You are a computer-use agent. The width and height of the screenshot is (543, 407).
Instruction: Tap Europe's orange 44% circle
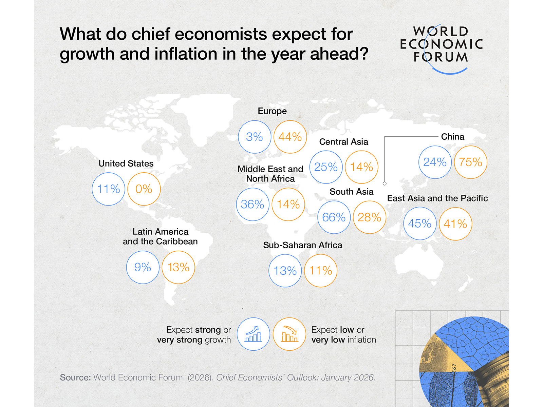(x=290, y=137)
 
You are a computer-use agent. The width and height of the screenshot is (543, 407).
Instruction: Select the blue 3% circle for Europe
(x=255, y=137)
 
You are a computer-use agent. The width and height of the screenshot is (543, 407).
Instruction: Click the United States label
(x=126, y=163)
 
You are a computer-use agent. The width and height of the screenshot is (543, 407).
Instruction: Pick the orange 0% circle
(x=144, y=189)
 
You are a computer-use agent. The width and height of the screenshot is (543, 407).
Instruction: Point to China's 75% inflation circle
(x=470, y=162)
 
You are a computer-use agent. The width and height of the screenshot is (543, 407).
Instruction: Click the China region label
(x=452, y=137)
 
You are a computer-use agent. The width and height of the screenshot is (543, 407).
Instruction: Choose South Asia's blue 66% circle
(x=334, y=217)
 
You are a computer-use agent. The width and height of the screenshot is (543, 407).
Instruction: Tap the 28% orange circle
(x=369, y=217)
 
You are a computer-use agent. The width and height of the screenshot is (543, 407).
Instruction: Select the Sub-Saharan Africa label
(x=302, y=245)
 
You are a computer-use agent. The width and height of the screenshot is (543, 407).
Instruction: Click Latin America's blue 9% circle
(x=143, y=267)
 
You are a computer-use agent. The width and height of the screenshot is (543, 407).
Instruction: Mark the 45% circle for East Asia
(x=420, y=224)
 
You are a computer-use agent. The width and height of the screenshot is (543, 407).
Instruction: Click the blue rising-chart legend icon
(x=254, y=334)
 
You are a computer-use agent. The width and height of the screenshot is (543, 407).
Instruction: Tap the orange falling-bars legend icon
(x=289, y=334)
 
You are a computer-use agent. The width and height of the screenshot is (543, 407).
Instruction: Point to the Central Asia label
(x=343, y=142)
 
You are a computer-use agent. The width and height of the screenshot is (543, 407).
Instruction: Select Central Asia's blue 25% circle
(x=326, y=167)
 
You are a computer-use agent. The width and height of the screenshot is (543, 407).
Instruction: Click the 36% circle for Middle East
(x=252, y=204)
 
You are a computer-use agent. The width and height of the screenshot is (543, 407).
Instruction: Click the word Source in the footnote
(x=75, y=377)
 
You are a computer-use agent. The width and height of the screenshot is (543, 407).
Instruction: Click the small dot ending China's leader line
(x=385, y=183)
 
